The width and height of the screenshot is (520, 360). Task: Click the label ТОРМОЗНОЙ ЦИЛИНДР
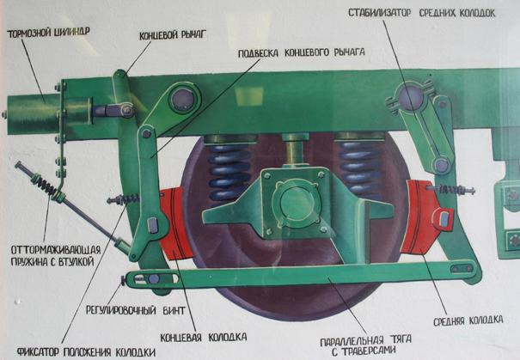click(48, 33)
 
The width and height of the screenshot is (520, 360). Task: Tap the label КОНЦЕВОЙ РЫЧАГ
click(173, 35)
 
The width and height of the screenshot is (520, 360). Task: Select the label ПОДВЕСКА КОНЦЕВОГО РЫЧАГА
click(302, 52)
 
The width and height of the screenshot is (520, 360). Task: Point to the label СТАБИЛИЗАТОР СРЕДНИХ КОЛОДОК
click(421, 13)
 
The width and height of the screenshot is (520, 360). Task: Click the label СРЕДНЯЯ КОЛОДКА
click(468, 320)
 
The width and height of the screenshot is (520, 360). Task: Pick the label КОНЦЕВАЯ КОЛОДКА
click(204, 338)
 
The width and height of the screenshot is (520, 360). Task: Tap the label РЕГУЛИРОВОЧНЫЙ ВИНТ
click(135, 310)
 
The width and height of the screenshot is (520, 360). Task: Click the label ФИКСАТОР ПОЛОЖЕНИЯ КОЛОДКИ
click(86, 351)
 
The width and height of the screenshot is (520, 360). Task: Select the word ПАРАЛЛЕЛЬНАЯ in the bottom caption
click(352, 340)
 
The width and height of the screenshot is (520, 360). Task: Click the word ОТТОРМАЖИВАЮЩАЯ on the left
click(56, 250)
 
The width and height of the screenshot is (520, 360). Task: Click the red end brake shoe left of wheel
click(175, 223)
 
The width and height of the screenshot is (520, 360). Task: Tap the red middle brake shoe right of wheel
click(422, 217)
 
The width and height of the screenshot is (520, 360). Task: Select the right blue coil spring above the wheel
click(358, 168)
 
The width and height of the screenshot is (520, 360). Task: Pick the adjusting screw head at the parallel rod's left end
click(124, 280)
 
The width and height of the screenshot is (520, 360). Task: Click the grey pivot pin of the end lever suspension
click(183, 98)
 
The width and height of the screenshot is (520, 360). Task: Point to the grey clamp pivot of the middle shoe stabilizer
click(411, 96)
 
